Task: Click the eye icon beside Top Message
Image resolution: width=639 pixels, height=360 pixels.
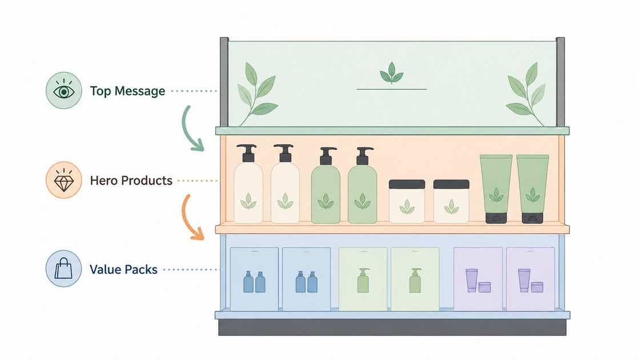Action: pyautogui.click(x=64, y=90)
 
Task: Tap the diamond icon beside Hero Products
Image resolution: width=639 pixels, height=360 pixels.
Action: pyautogui.click(x=64, y=180)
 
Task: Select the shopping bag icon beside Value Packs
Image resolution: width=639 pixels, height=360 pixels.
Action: pyautogui.click(x=63, y=269)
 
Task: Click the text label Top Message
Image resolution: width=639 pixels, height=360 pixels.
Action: pyautogui.click(x=127, y=91)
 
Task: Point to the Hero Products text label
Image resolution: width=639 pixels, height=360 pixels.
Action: pyautogui.click(x=131, y=180)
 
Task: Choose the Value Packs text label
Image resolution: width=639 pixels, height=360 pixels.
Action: pyautogui.click(x=123, y=270)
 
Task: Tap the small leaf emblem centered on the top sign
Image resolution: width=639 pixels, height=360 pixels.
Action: pyautogui.click(x=392, y=73)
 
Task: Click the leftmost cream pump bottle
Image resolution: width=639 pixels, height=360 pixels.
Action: pyautogui.click(x=248, y=184)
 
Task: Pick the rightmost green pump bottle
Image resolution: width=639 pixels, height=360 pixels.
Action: pyautogui.click(x=362, y=186)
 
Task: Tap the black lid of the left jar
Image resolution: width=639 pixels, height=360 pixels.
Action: pyautogui.click(x=407, y=184)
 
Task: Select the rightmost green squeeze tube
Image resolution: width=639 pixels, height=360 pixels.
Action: pyautogui.click(x=533, y=189)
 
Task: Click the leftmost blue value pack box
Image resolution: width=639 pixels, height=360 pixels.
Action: pyautogui.click(x=254, y=279)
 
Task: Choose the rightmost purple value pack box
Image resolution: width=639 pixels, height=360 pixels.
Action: pyautogui.click(x=531, y=279)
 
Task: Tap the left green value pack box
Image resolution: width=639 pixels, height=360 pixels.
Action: pyautogui.click(x=363, y=279)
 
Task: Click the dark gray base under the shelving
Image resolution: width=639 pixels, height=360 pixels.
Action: pyautogui.click(x=392, y=327)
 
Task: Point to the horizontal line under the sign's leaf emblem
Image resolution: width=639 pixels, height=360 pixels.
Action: pyautogui.click(x=392, y=89)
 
